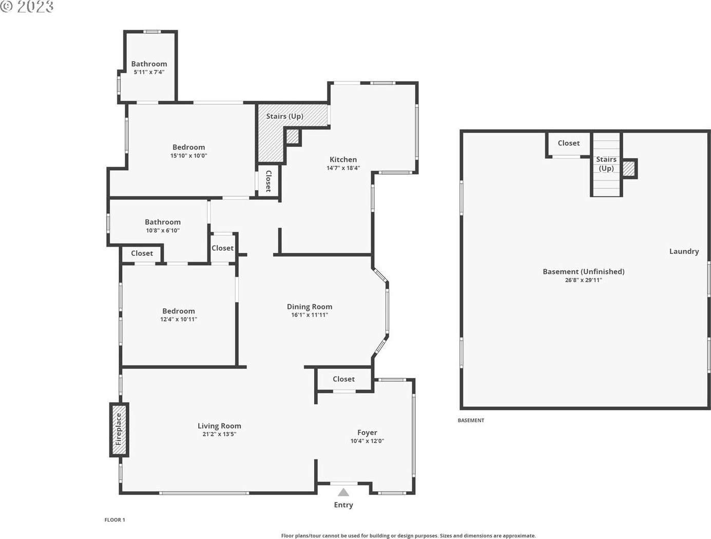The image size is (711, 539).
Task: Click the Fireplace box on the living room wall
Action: click(119, 430)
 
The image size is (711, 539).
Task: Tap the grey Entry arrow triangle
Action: click(343, 492)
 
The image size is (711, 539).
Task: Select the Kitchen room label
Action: click(343, 159)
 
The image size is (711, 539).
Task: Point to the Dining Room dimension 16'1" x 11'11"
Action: click(310, 314)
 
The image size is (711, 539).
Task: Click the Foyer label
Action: click(367, 432)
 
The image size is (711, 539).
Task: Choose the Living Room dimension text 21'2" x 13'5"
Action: click(219, 434)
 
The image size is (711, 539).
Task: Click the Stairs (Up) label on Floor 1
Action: click(285, 116)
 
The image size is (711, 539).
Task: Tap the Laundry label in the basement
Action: click(684, 251)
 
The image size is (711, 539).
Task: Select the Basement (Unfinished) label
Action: click(584, 272)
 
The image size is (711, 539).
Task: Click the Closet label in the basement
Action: click(568, 143)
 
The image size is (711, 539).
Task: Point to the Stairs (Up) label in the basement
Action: click(606, 164)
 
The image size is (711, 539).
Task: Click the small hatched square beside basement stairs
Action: click(629, 169)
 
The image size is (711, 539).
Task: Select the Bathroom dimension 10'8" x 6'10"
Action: click(163, 230)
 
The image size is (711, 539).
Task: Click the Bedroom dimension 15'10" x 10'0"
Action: click(188, 156)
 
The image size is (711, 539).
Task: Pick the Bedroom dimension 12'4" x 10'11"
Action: click(179, 319)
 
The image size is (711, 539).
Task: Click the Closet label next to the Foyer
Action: click(343, 379)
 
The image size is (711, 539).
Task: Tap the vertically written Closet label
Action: click(268, 181)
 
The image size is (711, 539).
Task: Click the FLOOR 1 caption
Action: click(114, 520)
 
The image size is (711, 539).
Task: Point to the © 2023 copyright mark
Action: click(27, 7)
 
